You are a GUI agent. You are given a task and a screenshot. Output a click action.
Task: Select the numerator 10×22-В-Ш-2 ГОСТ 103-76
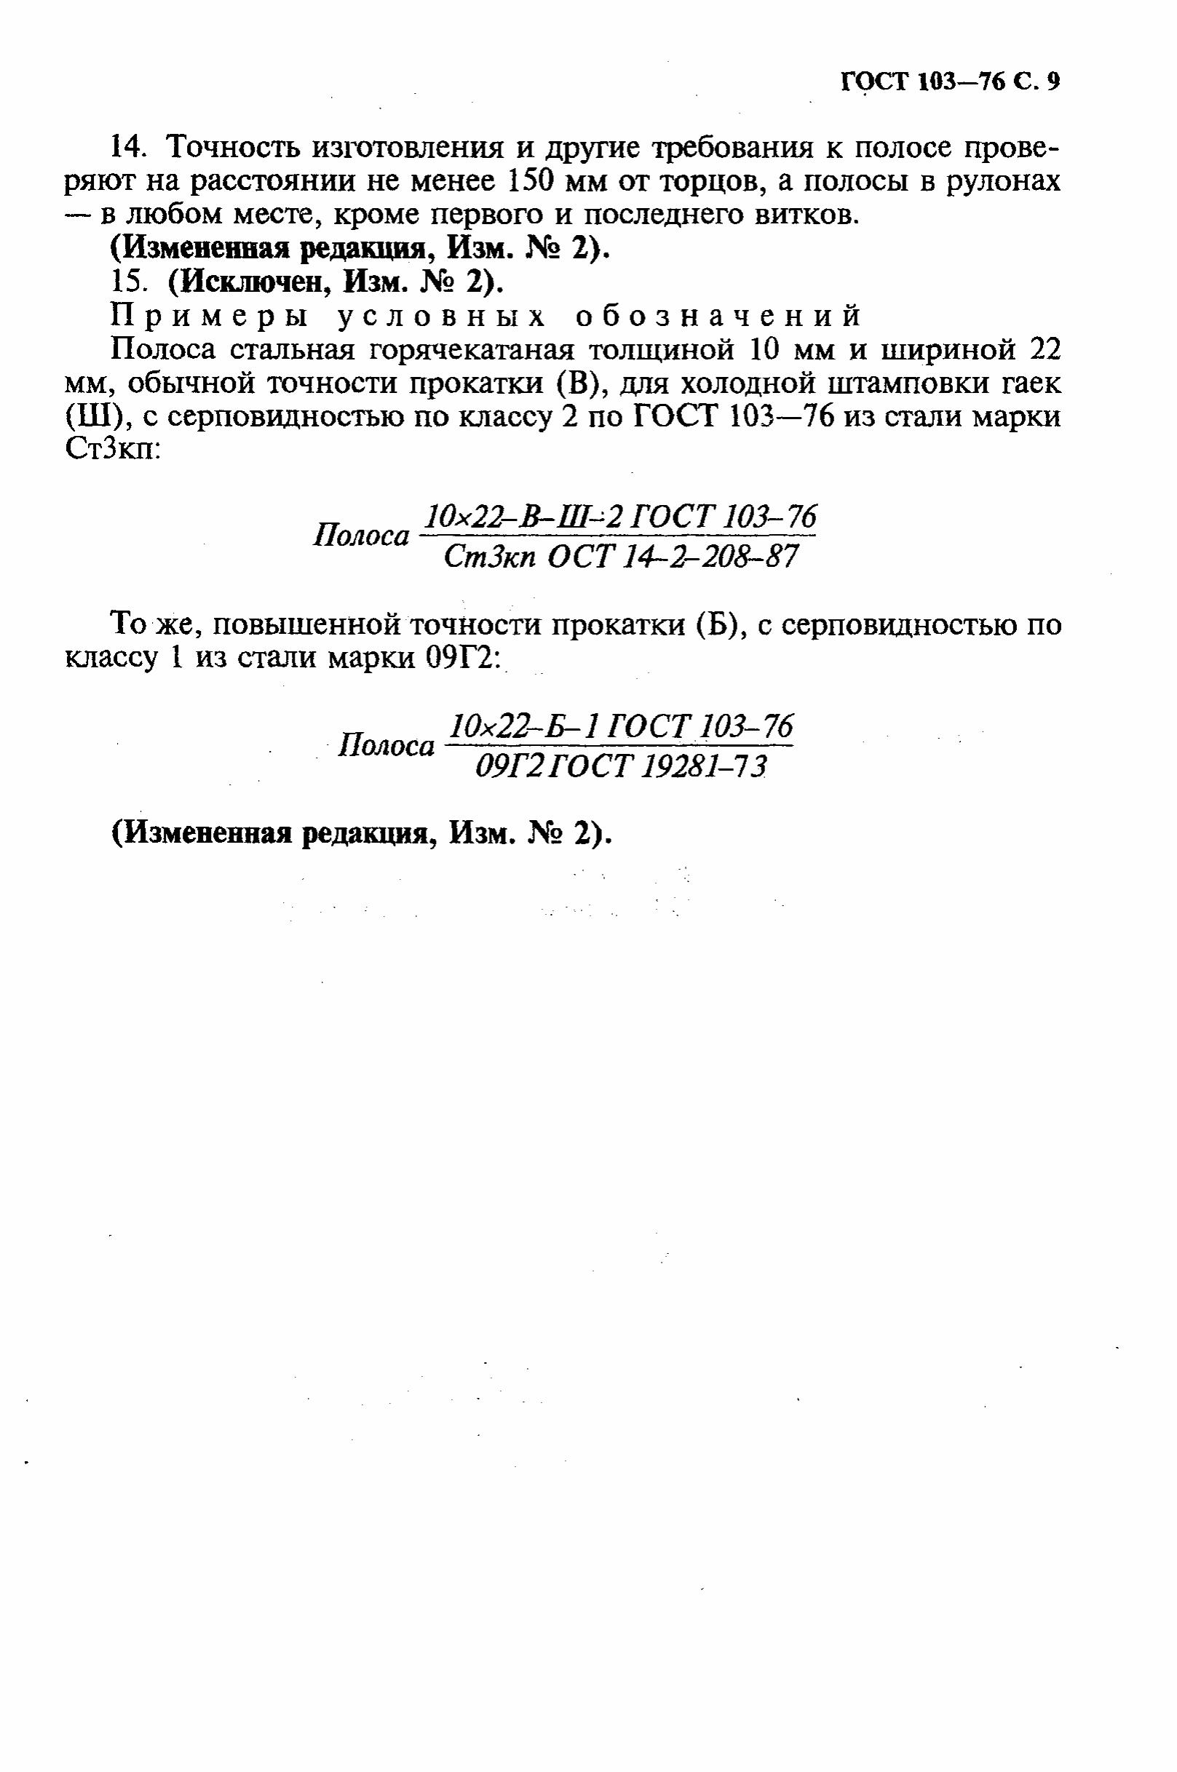(x=619, y=517)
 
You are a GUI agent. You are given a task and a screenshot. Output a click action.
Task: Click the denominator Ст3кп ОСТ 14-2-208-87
(x=619, y=557)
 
